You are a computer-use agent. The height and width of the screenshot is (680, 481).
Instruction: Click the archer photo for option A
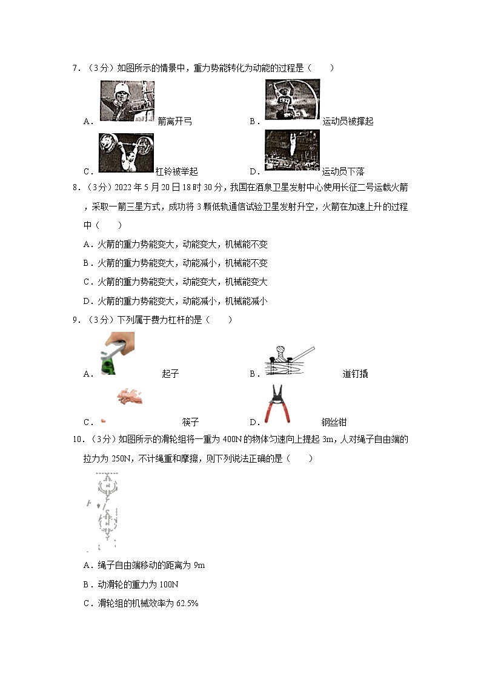[x=127, y=101]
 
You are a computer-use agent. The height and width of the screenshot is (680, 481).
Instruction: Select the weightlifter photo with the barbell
[x=126, y=153]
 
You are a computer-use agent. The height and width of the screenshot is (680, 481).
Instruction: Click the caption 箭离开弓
[x=174, y=121]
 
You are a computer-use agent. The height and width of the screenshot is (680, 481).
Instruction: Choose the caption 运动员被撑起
[x=348, y=121]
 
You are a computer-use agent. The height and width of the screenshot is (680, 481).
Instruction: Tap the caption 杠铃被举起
[x=176, y=171]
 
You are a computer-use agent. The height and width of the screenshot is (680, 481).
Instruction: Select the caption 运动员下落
[x=343, y=171]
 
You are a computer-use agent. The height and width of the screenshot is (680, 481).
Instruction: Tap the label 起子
[x=170, y=374]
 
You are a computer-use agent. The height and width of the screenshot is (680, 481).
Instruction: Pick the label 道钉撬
[x=355, y=374]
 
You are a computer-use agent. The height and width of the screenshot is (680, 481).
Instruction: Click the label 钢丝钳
[x=334, y=422]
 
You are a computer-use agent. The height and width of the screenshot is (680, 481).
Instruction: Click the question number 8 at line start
[x=75, y=188]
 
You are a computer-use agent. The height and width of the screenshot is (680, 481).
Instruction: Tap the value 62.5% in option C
[x=187, y=603]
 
